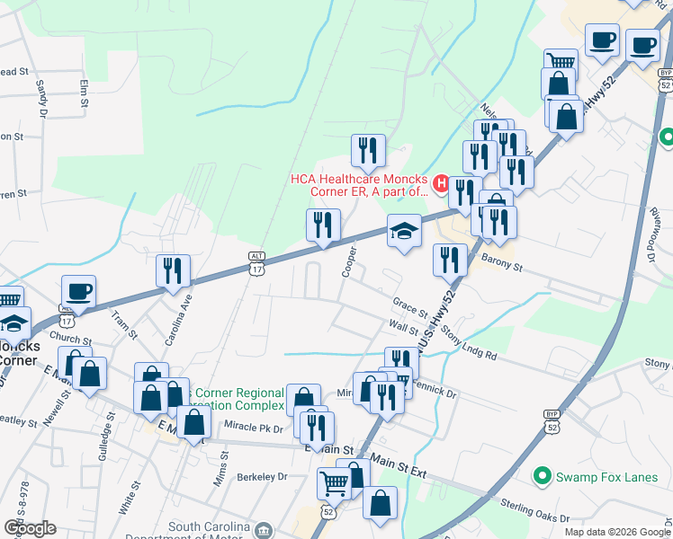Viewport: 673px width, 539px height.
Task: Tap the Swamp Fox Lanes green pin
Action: point(541,475)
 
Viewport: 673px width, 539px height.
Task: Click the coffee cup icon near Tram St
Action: point(78,291)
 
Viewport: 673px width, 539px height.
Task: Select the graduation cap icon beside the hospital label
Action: point(404,231)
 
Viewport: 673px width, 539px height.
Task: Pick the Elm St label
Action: point(84,93)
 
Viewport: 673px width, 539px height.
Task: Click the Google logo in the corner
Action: point(30,528)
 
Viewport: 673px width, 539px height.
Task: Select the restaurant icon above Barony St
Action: point(450,260)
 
